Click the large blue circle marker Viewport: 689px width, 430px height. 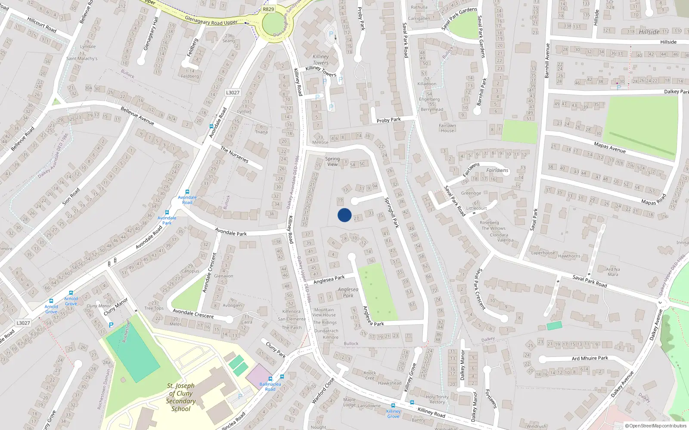tap(344, 215)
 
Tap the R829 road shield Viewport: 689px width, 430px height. tap(268, 9)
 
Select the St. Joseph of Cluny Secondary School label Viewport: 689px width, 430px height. tap(181, 397)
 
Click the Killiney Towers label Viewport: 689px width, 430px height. tap(321, 59)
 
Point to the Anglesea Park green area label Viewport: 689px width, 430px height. tap(348, 292)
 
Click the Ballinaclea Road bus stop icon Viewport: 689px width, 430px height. tap(270, 379)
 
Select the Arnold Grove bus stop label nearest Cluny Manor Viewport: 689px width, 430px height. tap(71, 301)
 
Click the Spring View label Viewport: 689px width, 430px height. tap(332, 161)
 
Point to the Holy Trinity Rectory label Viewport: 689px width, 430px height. tap(437, 399)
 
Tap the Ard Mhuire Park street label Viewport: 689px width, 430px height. tap(590, 358)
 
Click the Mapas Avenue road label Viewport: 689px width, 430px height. tap(609, 147)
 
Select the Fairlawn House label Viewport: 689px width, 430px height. tap(447, 128)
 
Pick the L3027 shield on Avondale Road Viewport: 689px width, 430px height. tap(233, 92)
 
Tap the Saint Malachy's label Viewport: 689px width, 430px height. tap(82, 58)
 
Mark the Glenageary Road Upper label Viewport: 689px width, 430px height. tap(211, 20)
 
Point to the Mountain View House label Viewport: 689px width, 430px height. tap(324, 312)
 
